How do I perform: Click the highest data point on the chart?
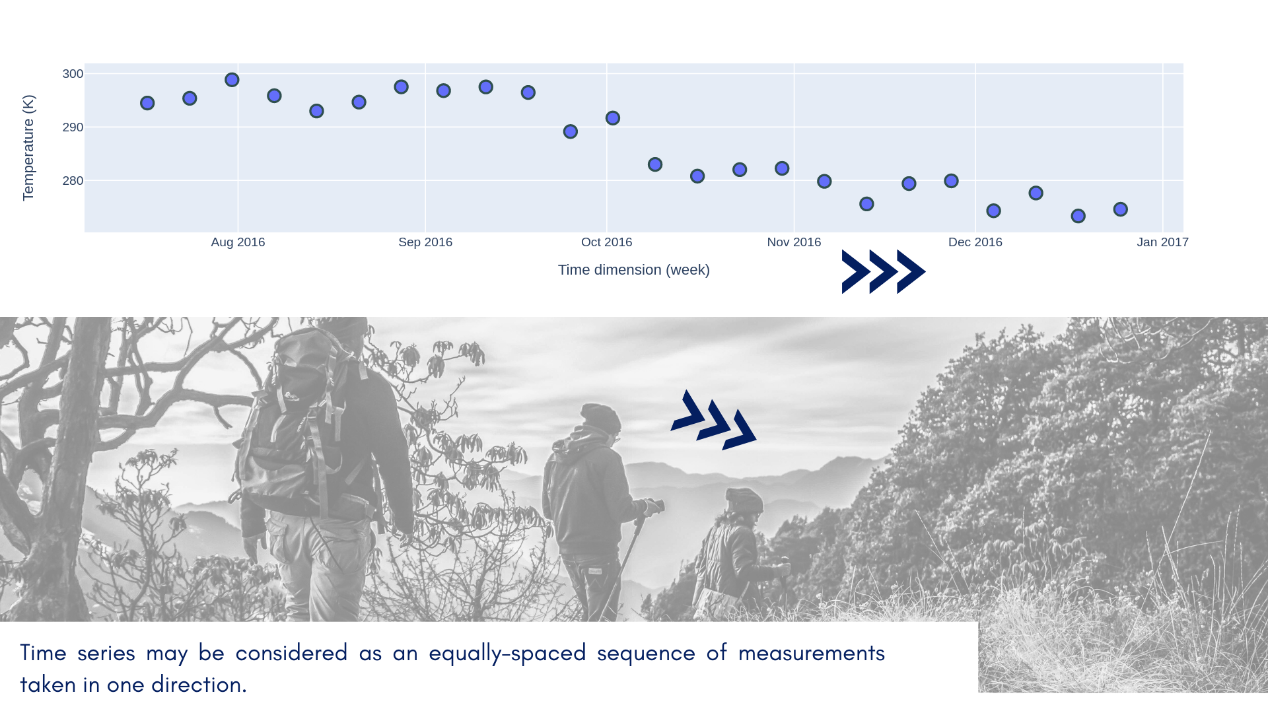click(232, 80)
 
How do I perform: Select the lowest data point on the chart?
click(1078, 216)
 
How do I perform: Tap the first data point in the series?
click(147, 103)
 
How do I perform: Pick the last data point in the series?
click(1120, 209)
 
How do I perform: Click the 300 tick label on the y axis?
click(73, 74)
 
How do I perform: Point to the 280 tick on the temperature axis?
click(73, 181)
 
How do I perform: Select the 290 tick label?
click(73, 127)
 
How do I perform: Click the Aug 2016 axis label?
click(238, 242)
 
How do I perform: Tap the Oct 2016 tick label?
click(606, 242)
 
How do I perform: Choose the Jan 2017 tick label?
click(1162, 242)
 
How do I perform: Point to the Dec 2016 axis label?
click(975, 242)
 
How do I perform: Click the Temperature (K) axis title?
click(28, 148)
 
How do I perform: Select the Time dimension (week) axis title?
click(634, 270)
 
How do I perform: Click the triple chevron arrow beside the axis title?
click(884, 271)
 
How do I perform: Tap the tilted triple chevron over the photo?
click(713, 420)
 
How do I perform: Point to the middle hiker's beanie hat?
click(600, 417)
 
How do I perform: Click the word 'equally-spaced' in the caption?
click(507, 654)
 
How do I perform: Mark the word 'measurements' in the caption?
click(812, 654)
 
